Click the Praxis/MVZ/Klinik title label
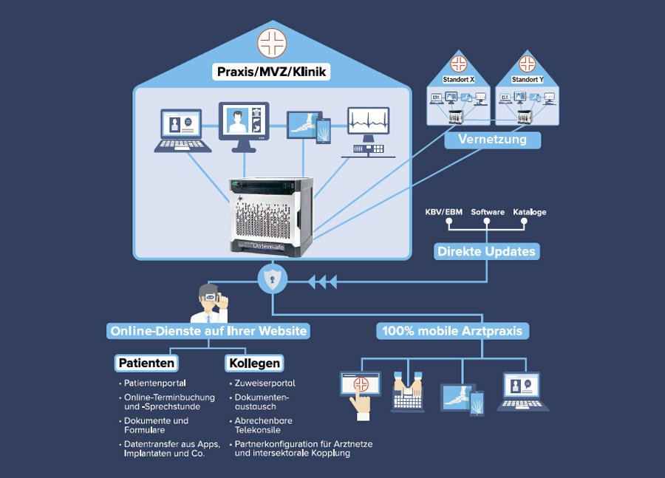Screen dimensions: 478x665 coord(271,72)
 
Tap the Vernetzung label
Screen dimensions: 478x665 coord(492,140)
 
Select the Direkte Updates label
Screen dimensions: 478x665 coord(486,251)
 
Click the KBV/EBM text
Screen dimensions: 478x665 coord(444,213)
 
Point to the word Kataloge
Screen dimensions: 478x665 coord(529,213)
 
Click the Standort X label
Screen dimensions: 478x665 coord(458,79)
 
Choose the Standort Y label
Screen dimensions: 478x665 coord(527,79)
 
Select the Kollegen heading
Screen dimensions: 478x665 coord(254,363)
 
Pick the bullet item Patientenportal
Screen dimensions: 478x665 coord(154,383)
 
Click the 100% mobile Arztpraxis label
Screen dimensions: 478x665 coord(452,331)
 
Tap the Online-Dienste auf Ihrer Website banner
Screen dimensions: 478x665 coord(208,331)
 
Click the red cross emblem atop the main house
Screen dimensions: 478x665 coord(272,41)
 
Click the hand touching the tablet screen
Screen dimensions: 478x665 coord(361,403)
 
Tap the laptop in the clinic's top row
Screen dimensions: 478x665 coord(183,130)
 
